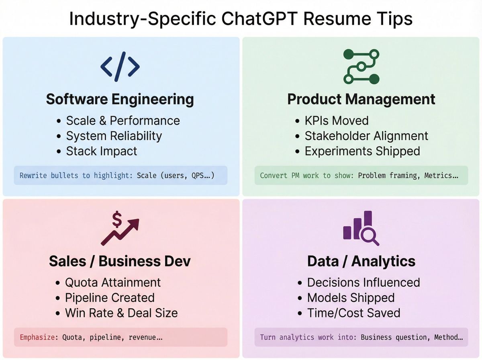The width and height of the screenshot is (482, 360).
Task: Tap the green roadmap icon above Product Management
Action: [x=361, y=66]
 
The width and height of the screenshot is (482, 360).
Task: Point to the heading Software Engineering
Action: [x=120, y=99]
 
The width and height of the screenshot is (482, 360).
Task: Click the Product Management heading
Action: [x=361, y=99]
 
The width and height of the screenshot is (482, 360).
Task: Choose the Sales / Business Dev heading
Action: [x=120, y=261]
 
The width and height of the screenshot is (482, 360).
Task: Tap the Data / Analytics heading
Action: [x=361, y=261]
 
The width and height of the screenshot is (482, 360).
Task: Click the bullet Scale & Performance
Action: [x=123, y=121]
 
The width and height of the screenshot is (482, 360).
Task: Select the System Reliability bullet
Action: [x=114, y=136]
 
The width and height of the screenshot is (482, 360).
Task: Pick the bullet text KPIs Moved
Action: [x=336, y=121]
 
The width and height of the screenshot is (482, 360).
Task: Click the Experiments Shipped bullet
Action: [x=362, y=151]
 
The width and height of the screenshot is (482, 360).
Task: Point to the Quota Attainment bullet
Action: [x=113, y=282]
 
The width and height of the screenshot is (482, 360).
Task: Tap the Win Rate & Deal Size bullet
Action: [x=121, y=313]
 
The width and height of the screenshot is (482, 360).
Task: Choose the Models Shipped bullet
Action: [x=351, y=298]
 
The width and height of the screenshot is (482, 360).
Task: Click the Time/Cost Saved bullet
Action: [x=353, y=313]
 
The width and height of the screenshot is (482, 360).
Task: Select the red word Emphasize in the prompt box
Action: [x=39, y=337]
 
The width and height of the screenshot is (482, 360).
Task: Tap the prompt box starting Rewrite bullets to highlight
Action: [x=120, y=176]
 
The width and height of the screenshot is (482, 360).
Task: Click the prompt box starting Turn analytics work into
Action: [x=361, y=337]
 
